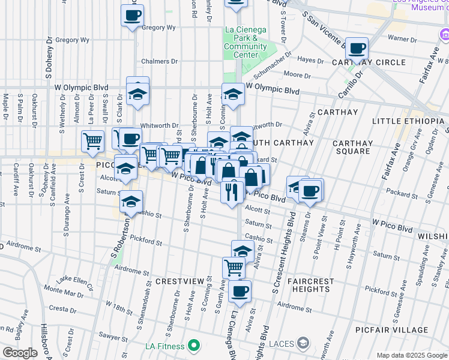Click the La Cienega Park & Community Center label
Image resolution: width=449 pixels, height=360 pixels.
[246, 42]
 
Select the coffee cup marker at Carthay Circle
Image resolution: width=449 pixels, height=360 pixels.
[357, 48]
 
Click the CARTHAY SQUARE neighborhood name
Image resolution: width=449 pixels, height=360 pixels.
[352, 147]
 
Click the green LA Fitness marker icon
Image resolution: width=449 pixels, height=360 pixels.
[193, 346]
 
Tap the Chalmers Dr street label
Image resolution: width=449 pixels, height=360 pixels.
[160, 61]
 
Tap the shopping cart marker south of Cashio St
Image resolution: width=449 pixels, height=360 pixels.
[234, 267]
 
